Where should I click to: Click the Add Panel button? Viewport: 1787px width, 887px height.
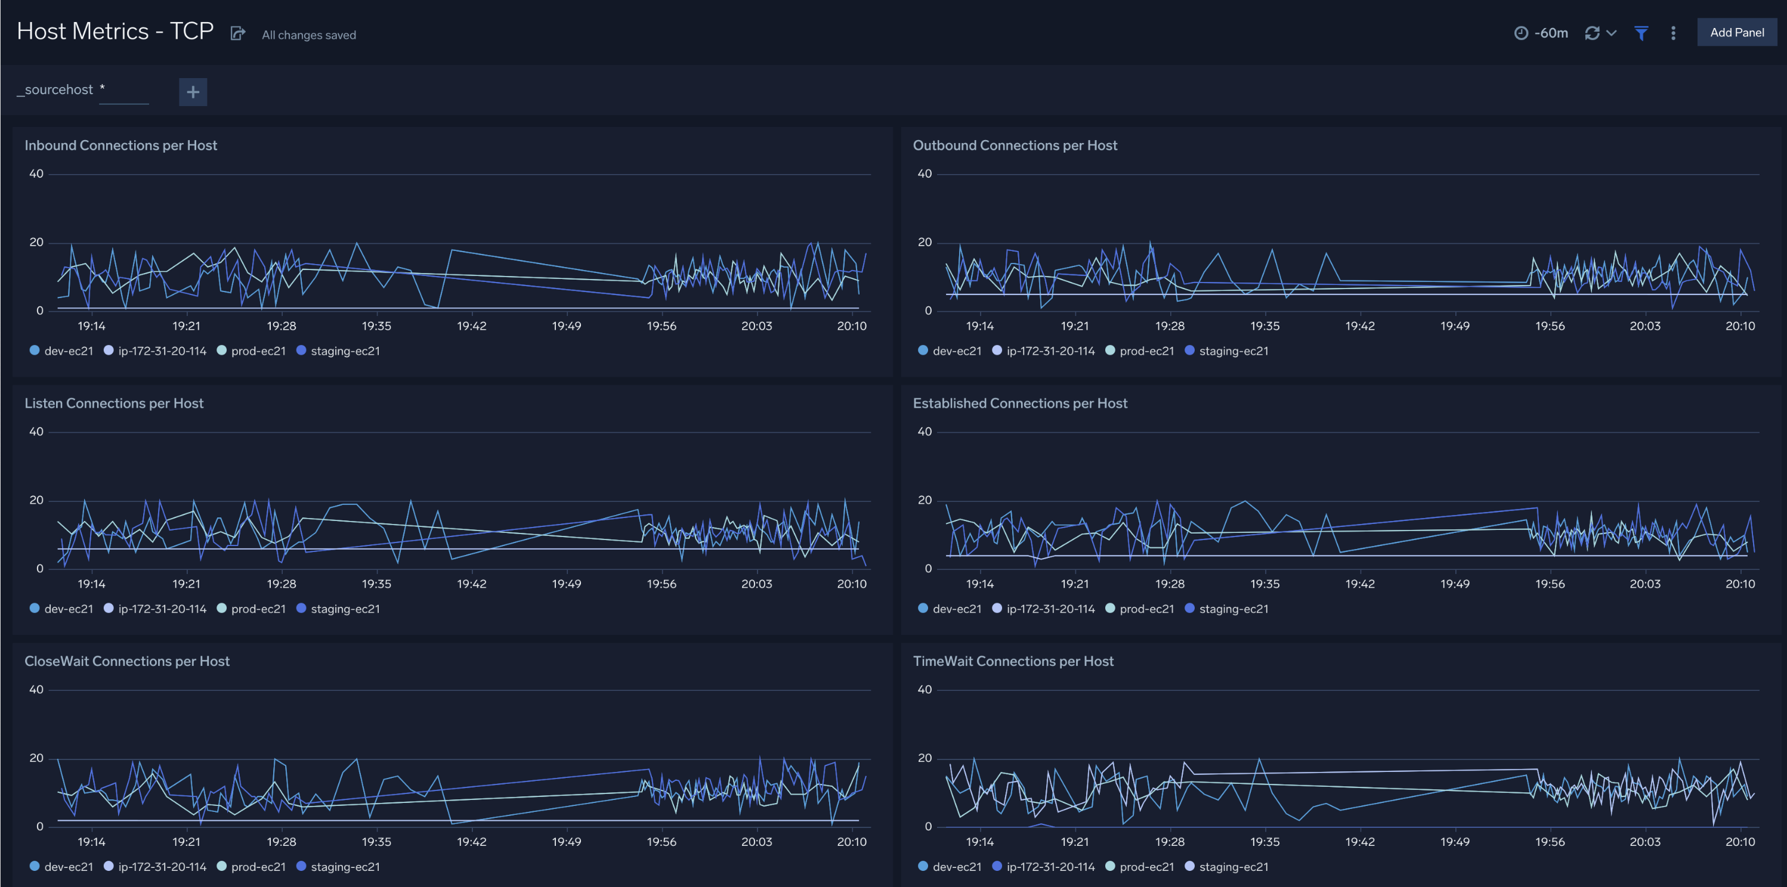(1736, 33)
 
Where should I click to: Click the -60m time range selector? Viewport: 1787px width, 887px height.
(1541, 33)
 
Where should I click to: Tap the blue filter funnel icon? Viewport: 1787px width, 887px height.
(1641, 33)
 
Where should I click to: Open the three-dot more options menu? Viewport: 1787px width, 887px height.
(1673, 33)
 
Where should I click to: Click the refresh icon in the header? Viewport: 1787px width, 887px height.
(1592, 33)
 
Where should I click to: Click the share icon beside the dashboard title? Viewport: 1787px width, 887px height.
(238, 34)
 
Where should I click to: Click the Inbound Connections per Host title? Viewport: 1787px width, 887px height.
(120, 145)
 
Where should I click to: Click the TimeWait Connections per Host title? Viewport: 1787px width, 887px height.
(1013, 662)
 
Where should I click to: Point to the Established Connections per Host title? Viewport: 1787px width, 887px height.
(1020, 404)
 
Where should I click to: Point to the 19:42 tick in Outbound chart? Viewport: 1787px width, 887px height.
(1360, 326)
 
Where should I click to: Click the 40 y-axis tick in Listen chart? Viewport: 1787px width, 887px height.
(36, 432)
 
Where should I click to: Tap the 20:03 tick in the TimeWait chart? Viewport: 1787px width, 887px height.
(1645, 842)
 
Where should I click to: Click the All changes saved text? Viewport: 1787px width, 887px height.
(309, 35)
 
